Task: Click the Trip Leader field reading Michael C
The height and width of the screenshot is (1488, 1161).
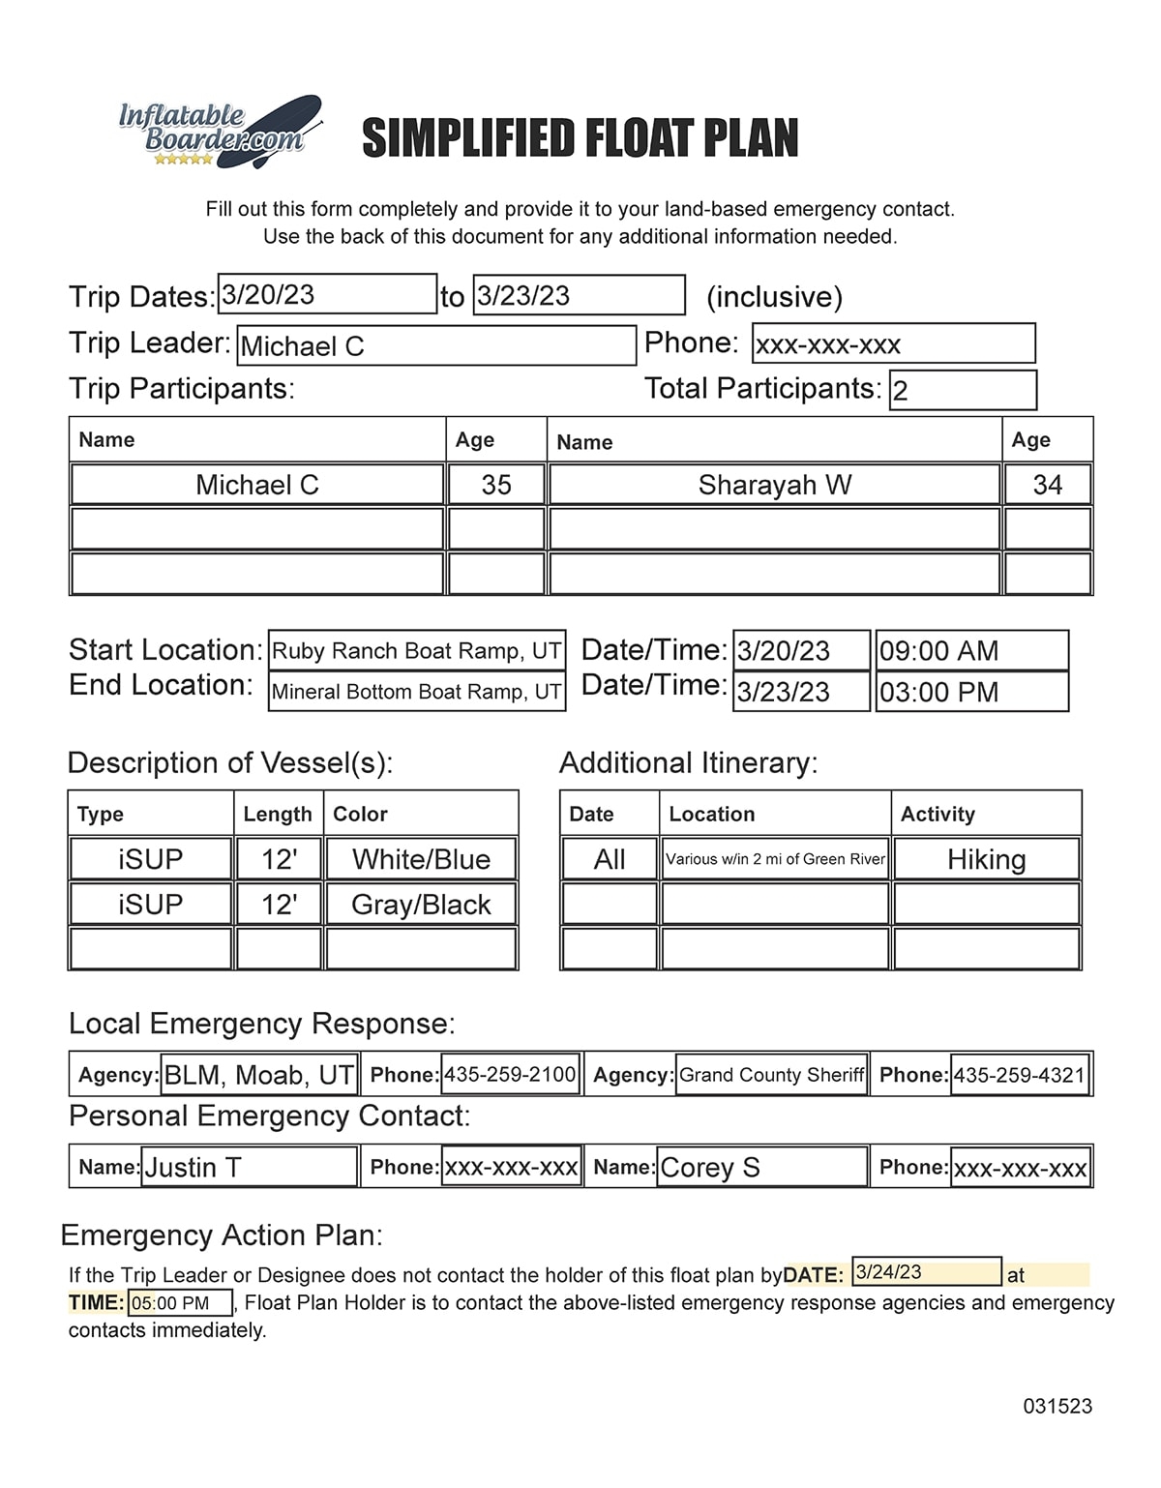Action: coord(437,345)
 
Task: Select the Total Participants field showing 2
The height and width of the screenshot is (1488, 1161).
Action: coord(962,390)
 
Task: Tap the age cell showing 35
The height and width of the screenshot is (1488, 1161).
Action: coord(496,485)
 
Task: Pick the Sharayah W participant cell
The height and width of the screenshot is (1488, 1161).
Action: coord(774,485)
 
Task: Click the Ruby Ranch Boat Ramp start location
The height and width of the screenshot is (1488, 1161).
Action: coord(416,651)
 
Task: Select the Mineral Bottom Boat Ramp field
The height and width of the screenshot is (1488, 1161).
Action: coord(416,692)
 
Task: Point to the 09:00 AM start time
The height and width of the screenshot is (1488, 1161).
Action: coord(971,651)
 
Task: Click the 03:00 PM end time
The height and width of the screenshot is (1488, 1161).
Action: coord(971,692)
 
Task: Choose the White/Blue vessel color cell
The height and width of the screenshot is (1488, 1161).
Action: coord(421,859)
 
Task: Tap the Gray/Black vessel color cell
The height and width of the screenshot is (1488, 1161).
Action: coord(421,905)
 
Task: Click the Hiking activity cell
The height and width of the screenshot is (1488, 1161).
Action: coord(986,859)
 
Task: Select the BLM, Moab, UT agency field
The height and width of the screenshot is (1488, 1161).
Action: coord(259,1075)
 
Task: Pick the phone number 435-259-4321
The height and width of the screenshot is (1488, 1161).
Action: coord(1020,1075)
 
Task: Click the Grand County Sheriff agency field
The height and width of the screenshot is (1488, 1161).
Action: coord(771,1075)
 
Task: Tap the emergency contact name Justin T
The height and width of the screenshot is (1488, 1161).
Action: coord(249,1168)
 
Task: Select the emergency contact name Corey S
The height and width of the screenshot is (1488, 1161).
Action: coord(761,1168)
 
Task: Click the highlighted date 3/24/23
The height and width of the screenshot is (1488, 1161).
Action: coord(926,1272)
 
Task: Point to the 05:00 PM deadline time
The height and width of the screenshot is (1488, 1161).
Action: coord(180,1303)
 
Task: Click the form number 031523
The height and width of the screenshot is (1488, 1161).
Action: coord(1057,1407)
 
